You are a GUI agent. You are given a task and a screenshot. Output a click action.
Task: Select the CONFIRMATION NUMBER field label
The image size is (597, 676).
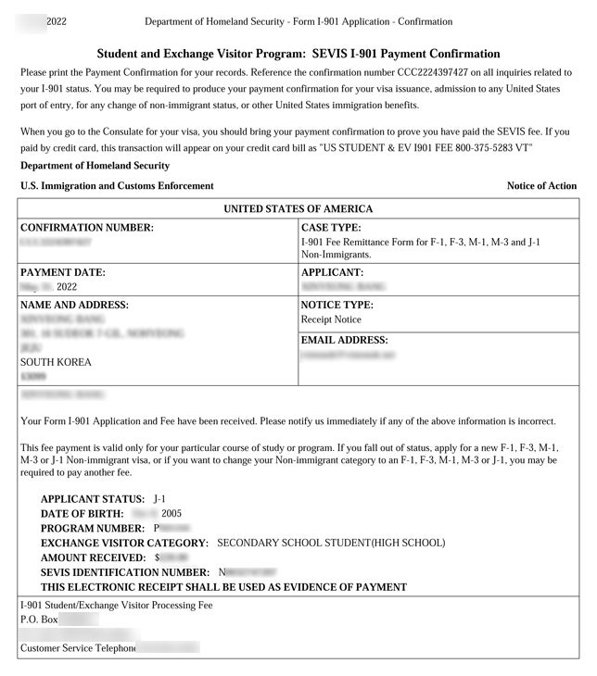(x=86, y=227)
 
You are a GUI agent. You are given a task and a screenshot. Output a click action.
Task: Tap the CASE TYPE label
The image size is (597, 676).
(x=331, y=227)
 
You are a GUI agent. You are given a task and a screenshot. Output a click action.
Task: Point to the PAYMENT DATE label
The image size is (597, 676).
(x=63, y=272)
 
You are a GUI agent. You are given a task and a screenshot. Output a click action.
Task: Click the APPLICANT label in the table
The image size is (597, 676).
(x=332, y=272)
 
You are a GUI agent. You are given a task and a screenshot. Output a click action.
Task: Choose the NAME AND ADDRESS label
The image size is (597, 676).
(x=74, y=305)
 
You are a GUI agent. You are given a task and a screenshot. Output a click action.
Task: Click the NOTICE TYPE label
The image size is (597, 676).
(x=337, y=305)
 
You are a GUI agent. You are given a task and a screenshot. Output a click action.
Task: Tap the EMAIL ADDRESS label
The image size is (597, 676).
(x=344, y=340)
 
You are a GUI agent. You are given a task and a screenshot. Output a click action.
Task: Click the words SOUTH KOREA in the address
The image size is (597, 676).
(x=56, y=362)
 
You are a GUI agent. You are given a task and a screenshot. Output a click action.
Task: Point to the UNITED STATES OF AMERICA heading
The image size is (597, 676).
(x=298, y=209)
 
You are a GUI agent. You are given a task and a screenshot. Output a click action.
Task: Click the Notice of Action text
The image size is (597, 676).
(x=541, y=186)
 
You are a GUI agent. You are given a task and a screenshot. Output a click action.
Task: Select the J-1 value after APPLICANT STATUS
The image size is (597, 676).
(x=160, y=499)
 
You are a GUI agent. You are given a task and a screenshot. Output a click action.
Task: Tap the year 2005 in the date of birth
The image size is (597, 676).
(x=171, y=513)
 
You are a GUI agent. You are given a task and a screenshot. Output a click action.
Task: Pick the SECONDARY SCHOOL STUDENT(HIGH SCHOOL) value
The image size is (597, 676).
(x=331, y=543)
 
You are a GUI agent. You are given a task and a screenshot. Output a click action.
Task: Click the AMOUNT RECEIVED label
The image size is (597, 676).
(x=93, y=557)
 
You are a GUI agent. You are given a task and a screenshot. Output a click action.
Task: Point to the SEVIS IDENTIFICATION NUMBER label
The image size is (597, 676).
(x=125, y=572)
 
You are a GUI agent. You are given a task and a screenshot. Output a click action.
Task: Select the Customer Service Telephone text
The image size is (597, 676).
(x=78, y=647)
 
